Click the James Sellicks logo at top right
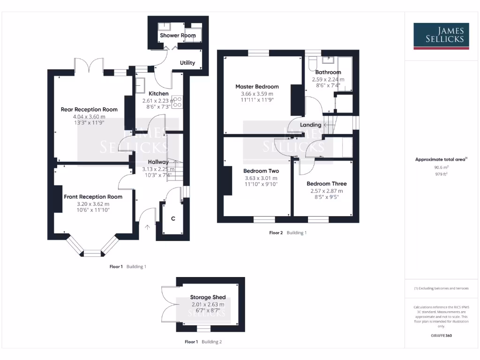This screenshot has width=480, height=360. (441, 36)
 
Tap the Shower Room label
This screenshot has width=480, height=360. (178, 36)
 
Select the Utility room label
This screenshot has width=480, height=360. (187, 63)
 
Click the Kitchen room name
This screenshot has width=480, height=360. (158, 94)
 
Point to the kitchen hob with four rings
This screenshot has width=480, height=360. (177, 102)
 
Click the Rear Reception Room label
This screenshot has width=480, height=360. (89, 109)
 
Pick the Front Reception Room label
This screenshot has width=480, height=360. (93, 197)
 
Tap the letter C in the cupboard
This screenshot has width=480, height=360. (173, 218)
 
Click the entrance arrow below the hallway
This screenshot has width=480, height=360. (148, 228)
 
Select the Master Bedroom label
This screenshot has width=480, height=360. (257, 87)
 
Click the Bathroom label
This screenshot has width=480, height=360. (328, 72)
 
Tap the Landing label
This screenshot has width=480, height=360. (310, 125)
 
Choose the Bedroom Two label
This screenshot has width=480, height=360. (261, 171)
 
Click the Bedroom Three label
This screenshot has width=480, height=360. (327, 184)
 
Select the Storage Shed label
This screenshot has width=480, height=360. (208, 297)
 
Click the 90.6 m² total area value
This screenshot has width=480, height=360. (441, 167)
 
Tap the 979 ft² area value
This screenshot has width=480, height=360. (441, 174)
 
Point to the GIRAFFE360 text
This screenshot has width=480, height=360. (441, 336)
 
